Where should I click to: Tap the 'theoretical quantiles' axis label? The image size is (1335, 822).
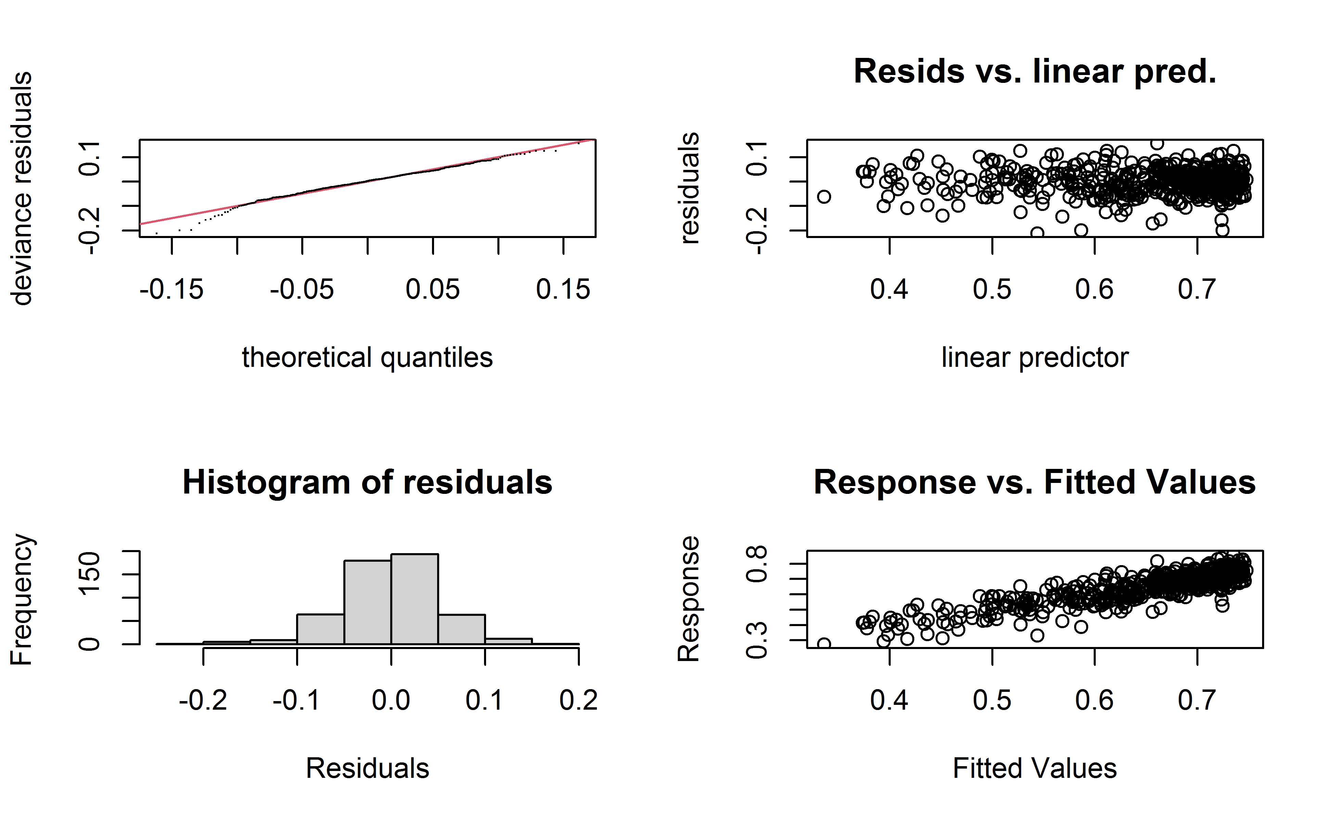[367, 358]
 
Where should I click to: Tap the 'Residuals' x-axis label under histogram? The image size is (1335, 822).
[367, 769]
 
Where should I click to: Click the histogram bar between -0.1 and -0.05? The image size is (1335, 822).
[321, 630]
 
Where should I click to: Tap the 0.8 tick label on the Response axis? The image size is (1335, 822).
[757, 564]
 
